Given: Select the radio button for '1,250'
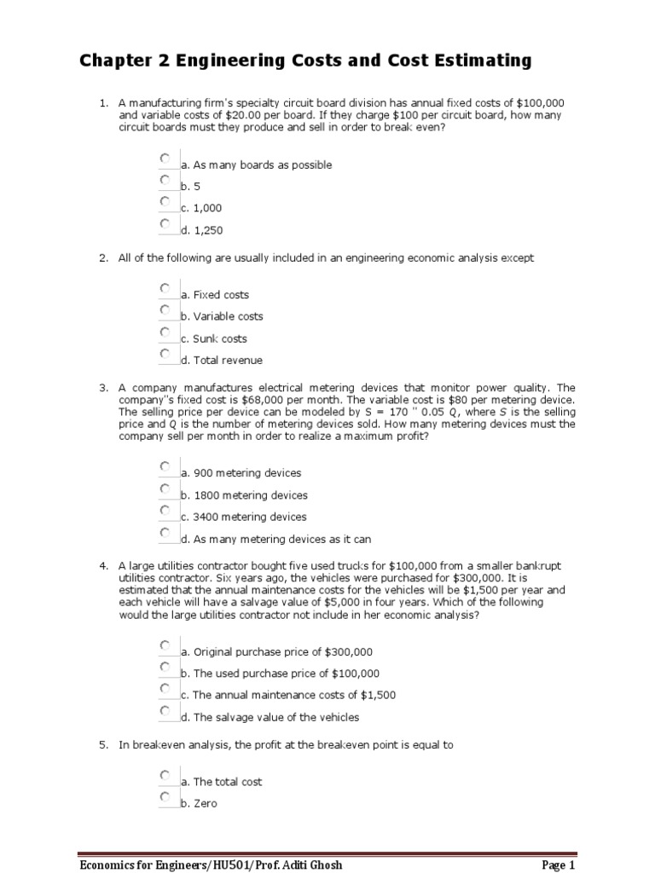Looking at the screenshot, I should (x=165, y=223).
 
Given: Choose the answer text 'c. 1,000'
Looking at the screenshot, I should (x=201, y=208).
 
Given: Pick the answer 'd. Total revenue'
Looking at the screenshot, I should (x=221, y=360).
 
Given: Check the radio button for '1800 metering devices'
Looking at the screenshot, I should (x=165, y=489).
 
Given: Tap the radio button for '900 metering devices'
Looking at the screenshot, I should (x=165, y=466).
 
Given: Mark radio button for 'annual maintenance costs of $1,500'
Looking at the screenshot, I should (x=165, y=688).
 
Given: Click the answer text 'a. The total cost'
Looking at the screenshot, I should (x=221, y=782).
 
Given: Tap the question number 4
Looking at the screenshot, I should (x=102, y=565).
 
